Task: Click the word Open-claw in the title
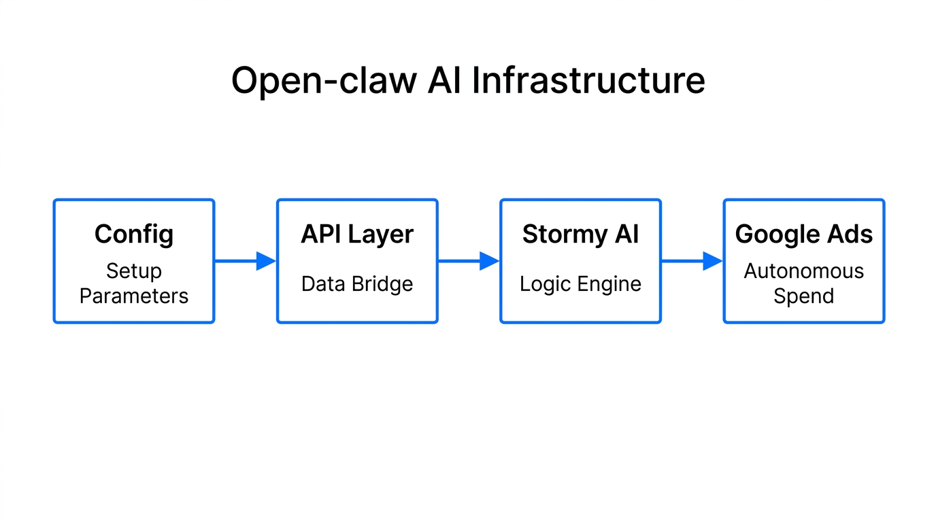point(324,81)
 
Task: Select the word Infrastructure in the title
point(588,81)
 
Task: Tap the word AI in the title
point(444,81)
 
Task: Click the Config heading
point(134,234)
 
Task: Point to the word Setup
point(134,271)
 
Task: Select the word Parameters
point(134,296)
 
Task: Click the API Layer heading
point(357,234)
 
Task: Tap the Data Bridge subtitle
point(357,283)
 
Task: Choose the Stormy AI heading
point(580,234)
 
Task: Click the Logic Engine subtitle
point(580,283)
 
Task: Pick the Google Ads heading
point(803,234)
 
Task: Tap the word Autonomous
point(803,271)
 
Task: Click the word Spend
point(803,296)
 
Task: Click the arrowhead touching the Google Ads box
point(712,261)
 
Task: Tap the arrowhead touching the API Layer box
point(266,261)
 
